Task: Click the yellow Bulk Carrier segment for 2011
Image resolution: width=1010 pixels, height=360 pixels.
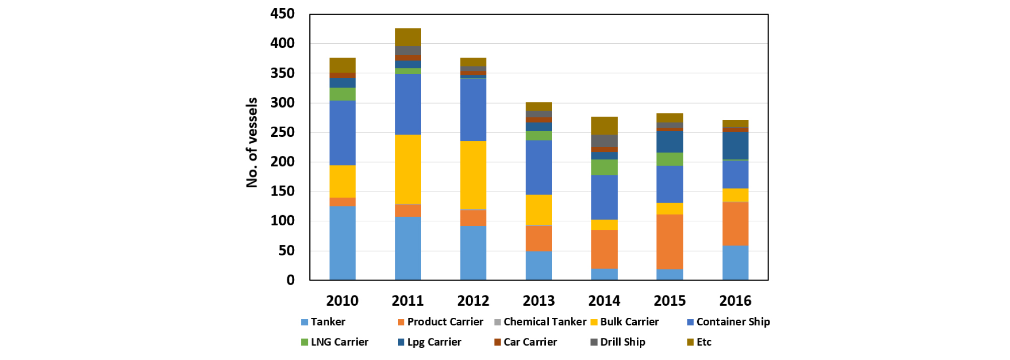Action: tap(407, 169)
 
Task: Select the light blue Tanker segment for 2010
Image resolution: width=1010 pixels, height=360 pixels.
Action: tap(342, 243)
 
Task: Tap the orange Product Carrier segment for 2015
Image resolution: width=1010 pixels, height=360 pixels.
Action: tap(669, 242)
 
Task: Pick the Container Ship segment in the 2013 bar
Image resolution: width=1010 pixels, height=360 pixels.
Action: tap(538, 167)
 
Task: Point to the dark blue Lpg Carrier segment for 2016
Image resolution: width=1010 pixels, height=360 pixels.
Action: tap(735, 145)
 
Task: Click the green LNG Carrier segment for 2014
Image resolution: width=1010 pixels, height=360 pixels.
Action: tap(604, 167)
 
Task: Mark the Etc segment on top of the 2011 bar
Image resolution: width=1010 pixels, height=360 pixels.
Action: tap(407, 37)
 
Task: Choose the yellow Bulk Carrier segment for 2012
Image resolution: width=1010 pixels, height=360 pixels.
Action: tap(473, 174)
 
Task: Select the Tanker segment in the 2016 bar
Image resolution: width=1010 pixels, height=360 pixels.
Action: tap(735, 262)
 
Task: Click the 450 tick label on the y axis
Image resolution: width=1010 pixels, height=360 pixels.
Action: tap(282, 14)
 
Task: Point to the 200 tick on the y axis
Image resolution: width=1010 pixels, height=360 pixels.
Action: tap(282, 162)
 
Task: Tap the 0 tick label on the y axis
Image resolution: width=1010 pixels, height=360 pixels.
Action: tap(290, 280)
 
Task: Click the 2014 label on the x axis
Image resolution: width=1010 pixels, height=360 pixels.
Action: tap(604, 301)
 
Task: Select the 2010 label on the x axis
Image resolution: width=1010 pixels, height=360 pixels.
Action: tap(342, 301)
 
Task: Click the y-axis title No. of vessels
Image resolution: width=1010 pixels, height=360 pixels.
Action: tap(252, 142)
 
